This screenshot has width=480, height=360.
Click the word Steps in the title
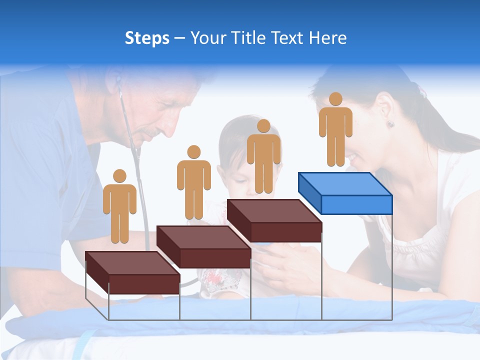point(147,38)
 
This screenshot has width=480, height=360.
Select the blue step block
point(345,192)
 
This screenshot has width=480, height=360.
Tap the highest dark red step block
point(274,219)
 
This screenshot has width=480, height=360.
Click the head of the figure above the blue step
point(335,99)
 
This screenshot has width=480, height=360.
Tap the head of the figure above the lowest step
point(119,176)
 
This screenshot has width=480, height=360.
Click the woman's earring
point(389,124)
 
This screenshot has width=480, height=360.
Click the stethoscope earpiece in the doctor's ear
point(118,80)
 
